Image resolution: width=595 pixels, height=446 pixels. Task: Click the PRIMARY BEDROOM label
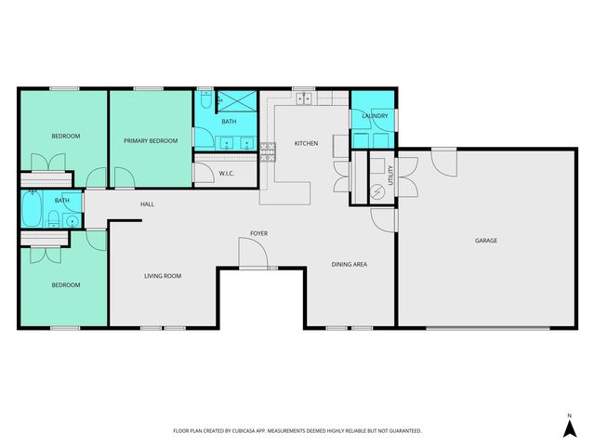(x=151, y=140)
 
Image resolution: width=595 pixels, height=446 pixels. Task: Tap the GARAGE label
(x=486, y=241)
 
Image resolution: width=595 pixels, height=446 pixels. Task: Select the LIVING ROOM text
(x=162, y=276)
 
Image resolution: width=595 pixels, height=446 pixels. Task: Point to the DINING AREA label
(x=350, y=265)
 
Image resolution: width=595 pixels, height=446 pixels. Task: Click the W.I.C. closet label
(x=226, y=174)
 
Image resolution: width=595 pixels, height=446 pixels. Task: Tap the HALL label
(x=147, y=203)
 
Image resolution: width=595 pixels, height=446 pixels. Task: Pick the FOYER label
(x=259, y=232)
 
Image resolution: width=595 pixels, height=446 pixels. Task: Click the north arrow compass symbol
(x=569, y=426)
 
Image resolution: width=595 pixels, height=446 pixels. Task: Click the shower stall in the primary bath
(x=237, y=101)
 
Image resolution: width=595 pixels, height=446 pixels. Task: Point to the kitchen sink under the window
(x=304, y=98)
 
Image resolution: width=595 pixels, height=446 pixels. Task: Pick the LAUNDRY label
(x=375, y=116)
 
